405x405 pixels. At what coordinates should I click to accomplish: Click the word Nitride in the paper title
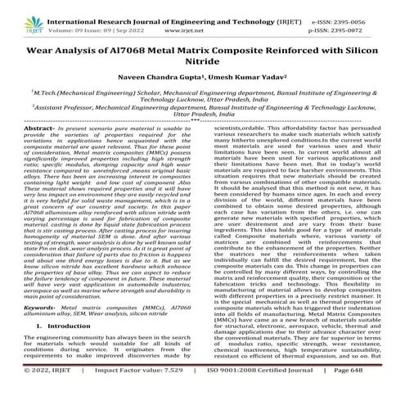tap(202, 65)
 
